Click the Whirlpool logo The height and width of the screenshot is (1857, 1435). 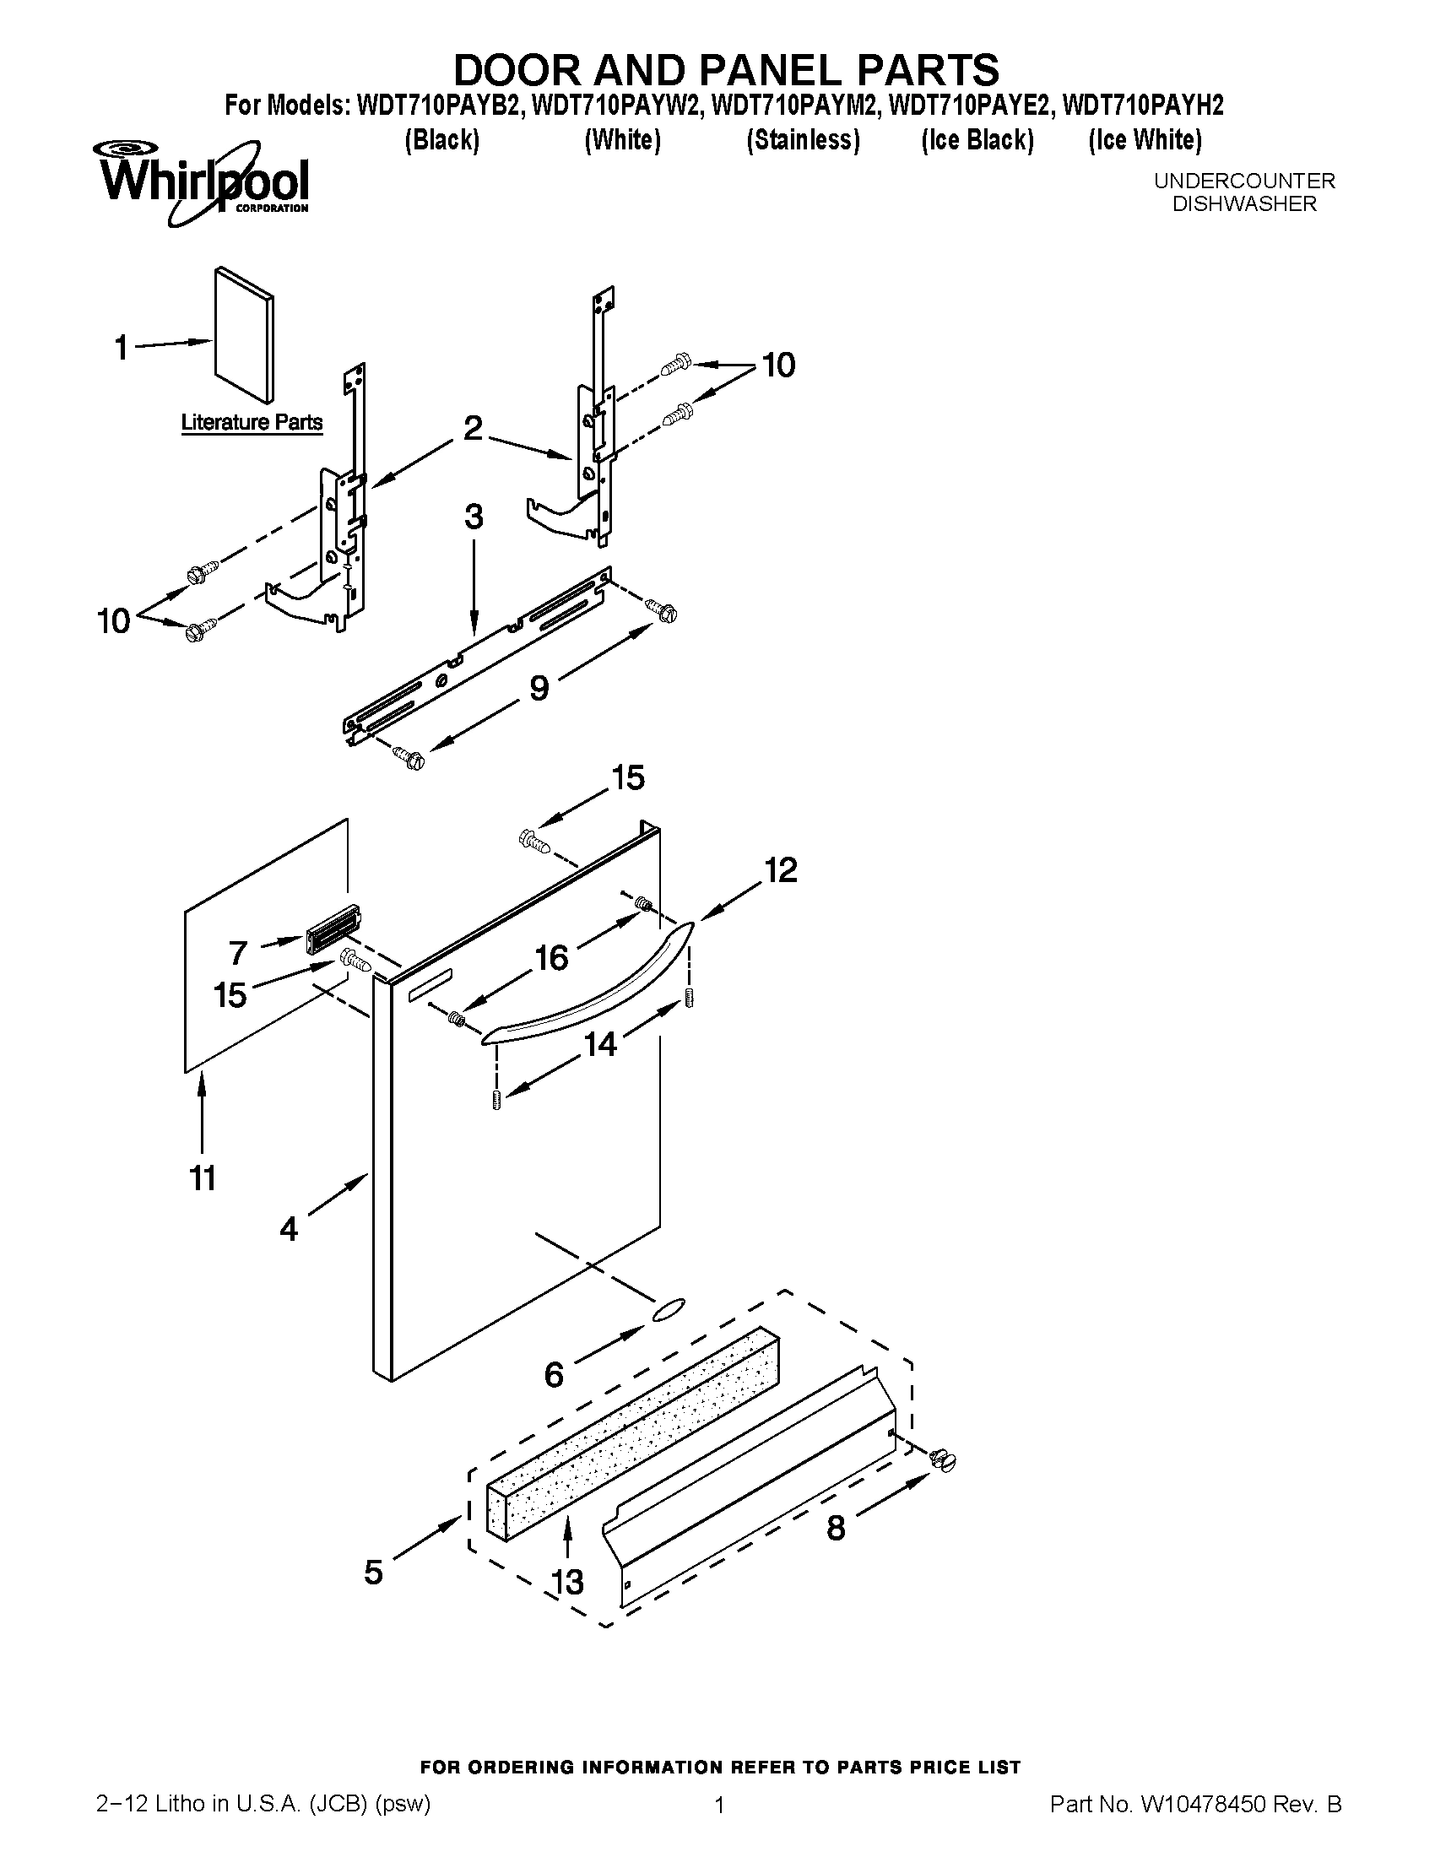tap(203, 182)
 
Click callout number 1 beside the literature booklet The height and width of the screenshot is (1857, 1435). tap(122, 347)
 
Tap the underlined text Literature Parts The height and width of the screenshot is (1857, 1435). tap(252, 423)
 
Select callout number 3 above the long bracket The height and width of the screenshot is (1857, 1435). tap(474, 517)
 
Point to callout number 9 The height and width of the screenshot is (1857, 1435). tap(539, 688)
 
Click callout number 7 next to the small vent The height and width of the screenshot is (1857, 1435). tap(239, 951)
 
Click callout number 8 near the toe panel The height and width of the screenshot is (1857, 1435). tap(836, 1529)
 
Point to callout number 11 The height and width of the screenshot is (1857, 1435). tap(203, 1178)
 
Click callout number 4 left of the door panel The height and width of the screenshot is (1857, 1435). tap(289, 1229)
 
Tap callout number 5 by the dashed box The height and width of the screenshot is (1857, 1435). tap(374, 1573)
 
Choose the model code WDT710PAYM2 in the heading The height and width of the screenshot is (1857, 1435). tap(796, 106)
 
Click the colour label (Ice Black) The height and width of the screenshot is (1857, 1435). tap(977, 139)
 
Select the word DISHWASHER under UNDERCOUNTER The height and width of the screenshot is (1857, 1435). tap(1243, 204)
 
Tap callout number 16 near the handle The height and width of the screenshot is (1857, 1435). tap(551, 958)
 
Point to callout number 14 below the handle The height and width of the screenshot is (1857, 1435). tap(600, 1043)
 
